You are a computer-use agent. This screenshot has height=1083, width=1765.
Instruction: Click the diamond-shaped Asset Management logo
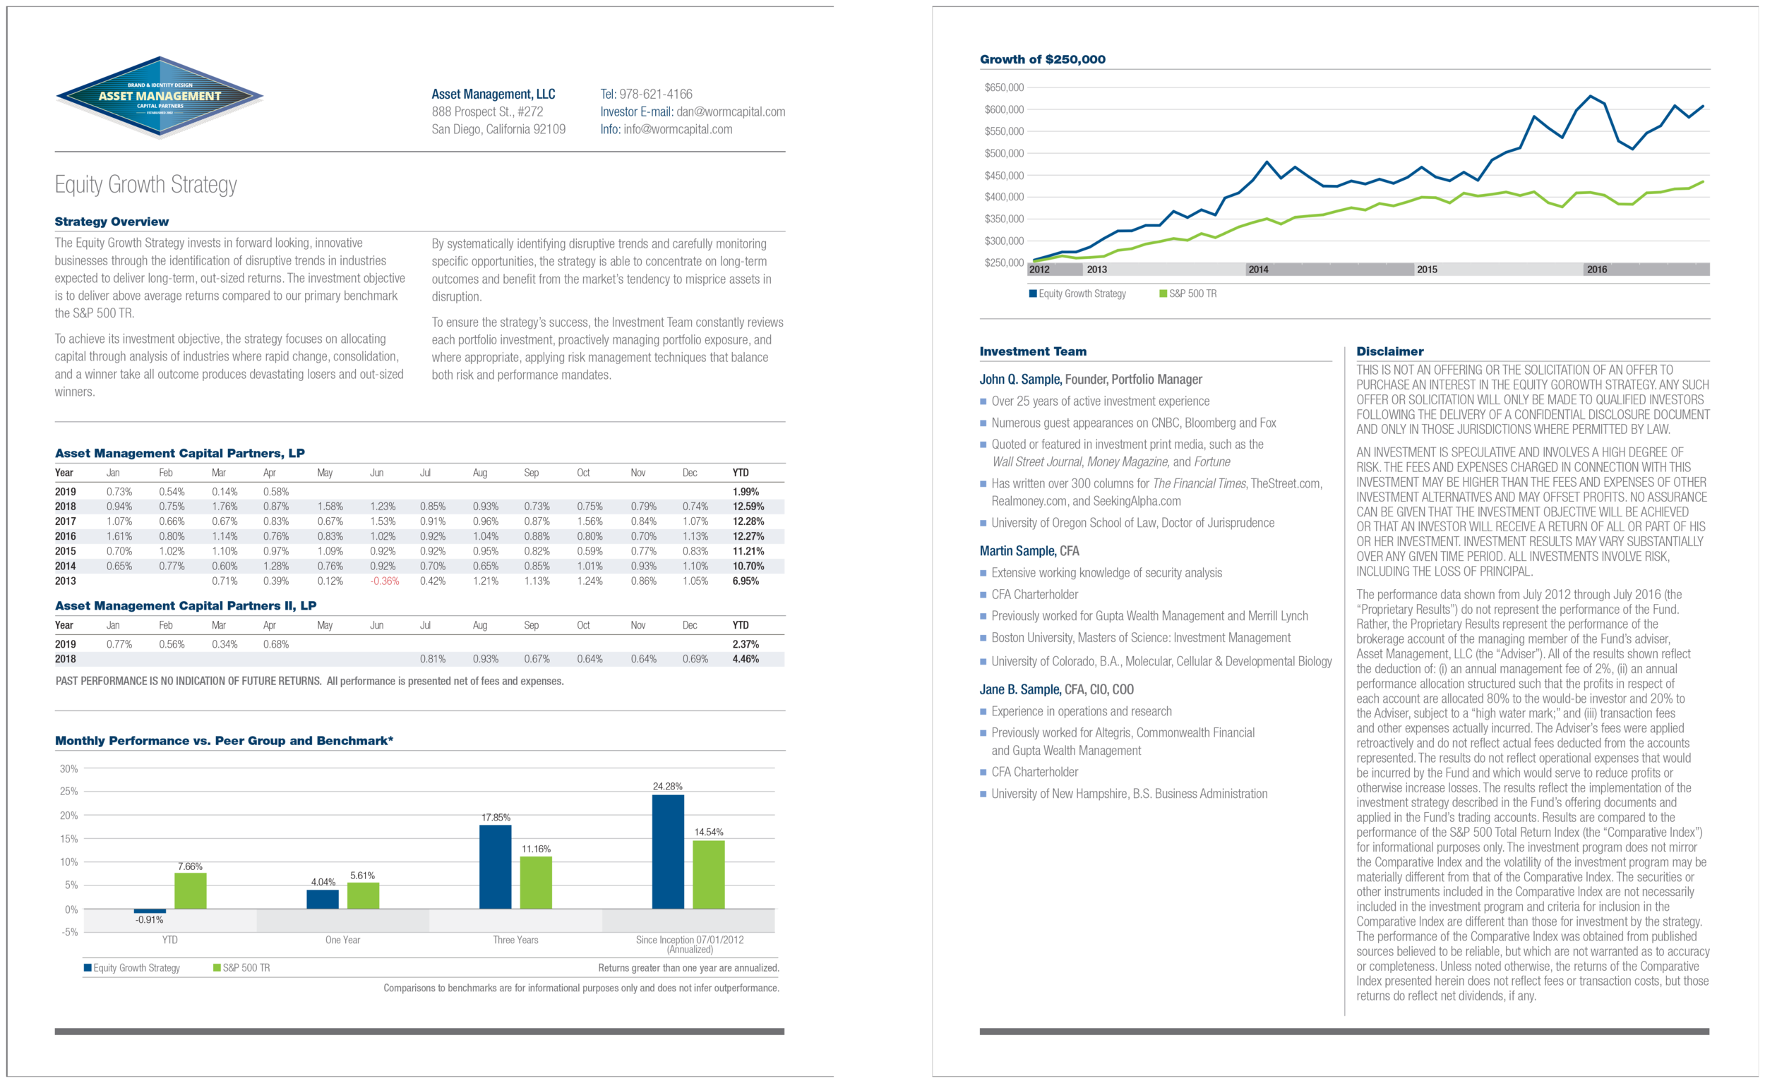(160, 97)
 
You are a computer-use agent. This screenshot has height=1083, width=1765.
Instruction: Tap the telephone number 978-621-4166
(655, 94)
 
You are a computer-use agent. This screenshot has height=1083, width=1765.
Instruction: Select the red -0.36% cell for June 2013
(384, 581)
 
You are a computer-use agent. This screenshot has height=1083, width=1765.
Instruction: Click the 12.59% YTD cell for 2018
(748, 507)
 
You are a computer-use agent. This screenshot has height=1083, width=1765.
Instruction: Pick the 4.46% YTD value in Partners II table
(746, 659)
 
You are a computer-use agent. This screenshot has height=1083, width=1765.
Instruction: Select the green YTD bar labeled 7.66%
(190, 890)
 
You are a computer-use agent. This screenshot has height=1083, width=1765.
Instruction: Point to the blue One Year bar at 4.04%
(323, 899)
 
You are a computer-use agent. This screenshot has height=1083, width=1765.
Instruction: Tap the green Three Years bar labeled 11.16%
(535, 883)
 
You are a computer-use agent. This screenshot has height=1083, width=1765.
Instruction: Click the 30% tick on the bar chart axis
(68, 768)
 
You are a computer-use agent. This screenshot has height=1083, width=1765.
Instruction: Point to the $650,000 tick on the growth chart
(1004, 87)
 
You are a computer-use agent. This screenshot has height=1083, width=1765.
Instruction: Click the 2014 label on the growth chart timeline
(1257, 270)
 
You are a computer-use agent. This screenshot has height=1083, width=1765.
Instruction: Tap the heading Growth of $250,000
(1042, 59)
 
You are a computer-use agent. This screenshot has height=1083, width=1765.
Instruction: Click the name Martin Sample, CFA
(1029, 551)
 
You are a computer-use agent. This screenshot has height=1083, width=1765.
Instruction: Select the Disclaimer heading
(1389, 351)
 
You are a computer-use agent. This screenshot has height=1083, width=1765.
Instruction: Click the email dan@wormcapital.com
(730, 111)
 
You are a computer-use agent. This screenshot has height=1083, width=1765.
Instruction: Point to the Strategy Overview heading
(112, 222)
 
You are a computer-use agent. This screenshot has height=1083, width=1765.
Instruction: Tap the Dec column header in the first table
(689, 473)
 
